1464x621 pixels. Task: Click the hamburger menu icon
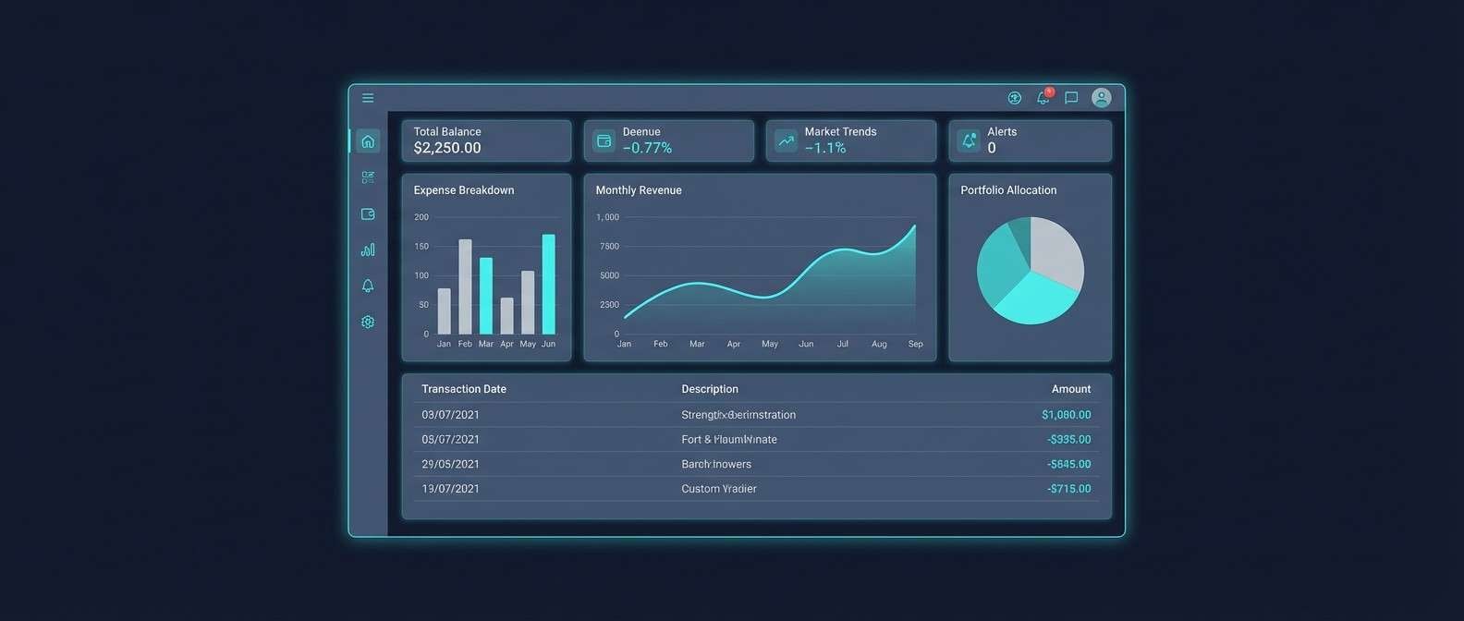368,98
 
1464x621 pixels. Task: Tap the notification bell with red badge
1043,97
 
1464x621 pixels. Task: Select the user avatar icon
1101,98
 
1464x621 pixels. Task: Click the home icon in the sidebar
368,141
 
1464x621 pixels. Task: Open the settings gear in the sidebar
368,322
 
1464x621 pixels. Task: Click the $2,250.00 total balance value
447,148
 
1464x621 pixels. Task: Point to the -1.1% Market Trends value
825,148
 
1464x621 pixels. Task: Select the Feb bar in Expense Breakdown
465,286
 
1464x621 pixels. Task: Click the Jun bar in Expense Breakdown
548,284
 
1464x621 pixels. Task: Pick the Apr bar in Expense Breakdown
506,316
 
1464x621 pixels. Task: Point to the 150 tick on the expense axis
421,247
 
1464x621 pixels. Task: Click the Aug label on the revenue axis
879,344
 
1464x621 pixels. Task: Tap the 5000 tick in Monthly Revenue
609,275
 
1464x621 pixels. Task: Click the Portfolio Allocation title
1008,190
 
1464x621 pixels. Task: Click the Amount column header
1070,389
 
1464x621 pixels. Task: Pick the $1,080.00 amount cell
1066,415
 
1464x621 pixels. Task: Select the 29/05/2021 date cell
450,464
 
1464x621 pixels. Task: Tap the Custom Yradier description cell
719,489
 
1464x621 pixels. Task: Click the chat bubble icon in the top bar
1071,98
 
